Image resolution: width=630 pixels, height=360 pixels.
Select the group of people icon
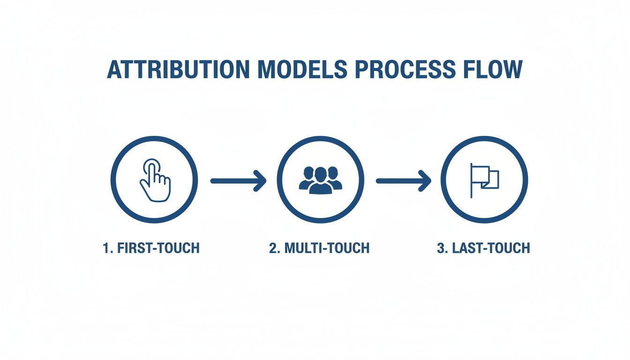(320, 180)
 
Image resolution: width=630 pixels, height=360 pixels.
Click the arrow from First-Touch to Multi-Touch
(238, 180)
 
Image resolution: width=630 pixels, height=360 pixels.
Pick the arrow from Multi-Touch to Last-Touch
(403, 180)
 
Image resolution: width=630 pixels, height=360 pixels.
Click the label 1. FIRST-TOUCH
(151, 248)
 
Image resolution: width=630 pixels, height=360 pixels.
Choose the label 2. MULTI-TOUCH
(319, 248)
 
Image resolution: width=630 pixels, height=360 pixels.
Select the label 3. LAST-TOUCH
(483, 248)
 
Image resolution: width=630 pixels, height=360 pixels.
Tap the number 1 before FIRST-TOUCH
(106, 248)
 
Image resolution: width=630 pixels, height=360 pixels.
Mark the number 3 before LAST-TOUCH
(441, 248)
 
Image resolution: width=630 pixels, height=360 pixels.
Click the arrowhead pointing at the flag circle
(425, 180)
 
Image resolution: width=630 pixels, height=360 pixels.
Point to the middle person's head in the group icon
(320, 174)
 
